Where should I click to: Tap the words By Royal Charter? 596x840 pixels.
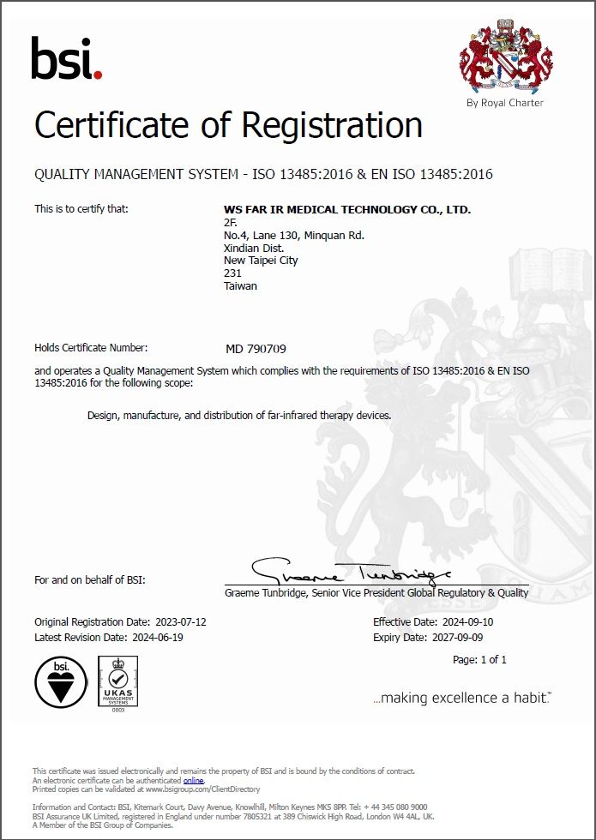point(504,103)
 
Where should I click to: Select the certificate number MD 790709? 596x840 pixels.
point(256,349)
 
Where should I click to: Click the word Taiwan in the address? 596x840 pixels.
point(240,286)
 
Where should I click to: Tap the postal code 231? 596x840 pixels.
point(232,273)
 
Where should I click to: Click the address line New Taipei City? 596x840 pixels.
point(261,261)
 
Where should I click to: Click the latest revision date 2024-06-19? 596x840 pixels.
point(158,638)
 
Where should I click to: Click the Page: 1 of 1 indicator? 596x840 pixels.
point(479,659)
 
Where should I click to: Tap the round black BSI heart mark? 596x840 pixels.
point(61,682)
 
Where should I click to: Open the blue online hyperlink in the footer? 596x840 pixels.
point(194,781)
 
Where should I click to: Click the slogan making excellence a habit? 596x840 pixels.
point(462,699)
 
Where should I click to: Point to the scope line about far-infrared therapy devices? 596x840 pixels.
point(239,416)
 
